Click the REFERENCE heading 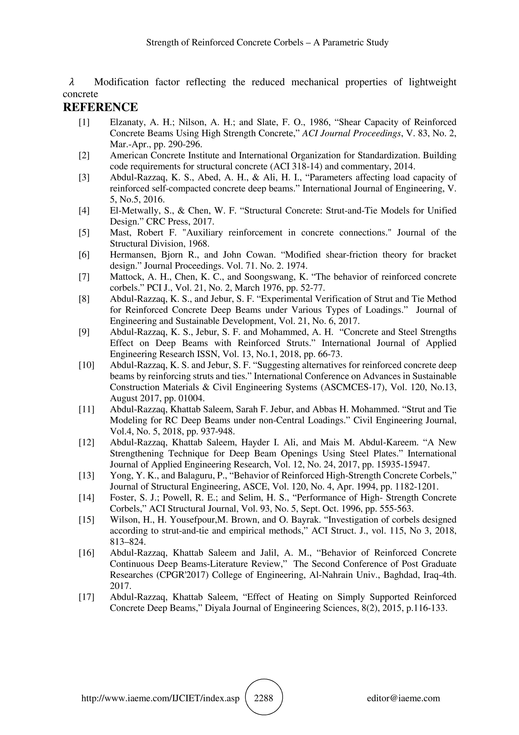[x=100, y=107]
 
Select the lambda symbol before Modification [x=72, y=82]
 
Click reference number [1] [x=84, y=122]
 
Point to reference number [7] [x=84, y=277]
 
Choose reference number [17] [x=86, y=597]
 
